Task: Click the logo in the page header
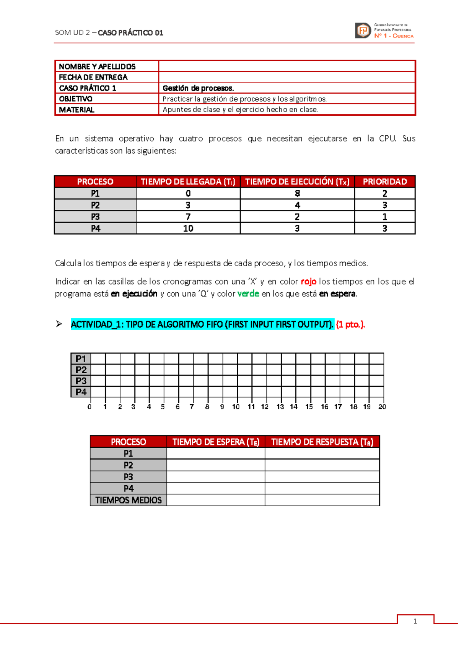click(384, 31)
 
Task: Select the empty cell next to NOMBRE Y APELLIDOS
click(287, 66)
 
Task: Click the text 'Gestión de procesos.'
click(198, 88)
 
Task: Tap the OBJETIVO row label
click(76, 99)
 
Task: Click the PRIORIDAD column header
click(384, 182)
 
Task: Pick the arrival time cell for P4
click(188, 228)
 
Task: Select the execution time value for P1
click(297, 194)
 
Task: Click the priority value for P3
click(384, 217)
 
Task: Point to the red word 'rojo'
click(308, 282)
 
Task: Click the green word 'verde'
click(248, 294)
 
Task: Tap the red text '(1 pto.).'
click(350, 325)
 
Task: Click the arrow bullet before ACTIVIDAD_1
click(59, 324)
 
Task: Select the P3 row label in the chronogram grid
click(81, 381)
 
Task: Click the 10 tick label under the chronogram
click(236, 407)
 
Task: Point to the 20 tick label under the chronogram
click(382, 407)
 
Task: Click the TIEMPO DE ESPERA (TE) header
click(216, 442)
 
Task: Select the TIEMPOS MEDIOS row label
click(128, 500)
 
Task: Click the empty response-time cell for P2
click(322, 465)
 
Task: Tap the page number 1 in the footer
click(415, 621)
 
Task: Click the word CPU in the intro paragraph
click(387, 139)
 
